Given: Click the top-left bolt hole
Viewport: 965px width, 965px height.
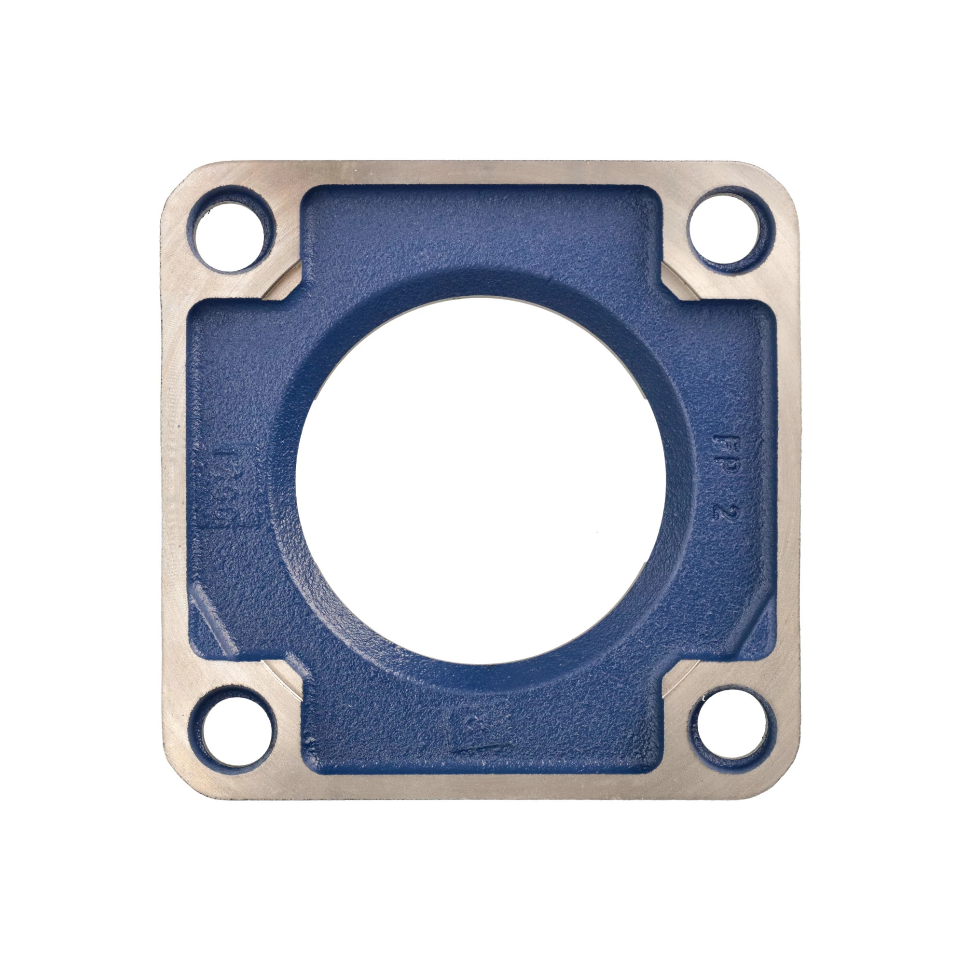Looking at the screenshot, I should click(x=230, y=236).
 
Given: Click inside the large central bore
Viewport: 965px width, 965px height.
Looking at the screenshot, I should click(x=480, y=480).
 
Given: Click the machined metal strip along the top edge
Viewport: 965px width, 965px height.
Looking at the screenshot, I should click(x=480, y=172).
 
